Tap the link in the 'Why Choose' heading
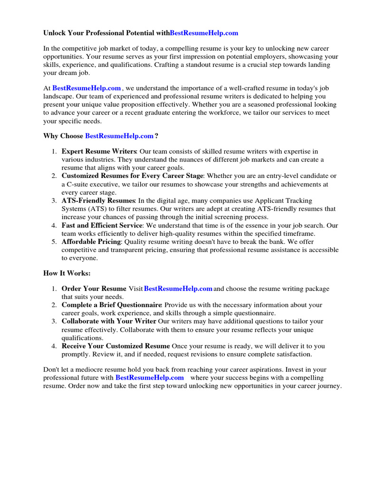coord(119,136)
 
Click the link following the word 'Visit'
coord(178,289)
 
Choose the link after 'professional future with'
coord(149,377)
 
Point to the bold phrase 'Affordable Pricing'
coord(91,242)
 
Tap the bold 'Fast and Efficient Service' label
coord(102,225)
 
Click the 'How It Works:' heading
coord(67,273)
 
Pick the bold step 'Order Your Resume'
coord(94,289)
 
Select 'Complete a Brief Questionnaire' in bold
coord(112,305)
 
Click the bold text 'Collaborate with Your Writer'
coord(109,321)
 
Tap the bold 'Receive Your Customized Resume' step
coord(115,346)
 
